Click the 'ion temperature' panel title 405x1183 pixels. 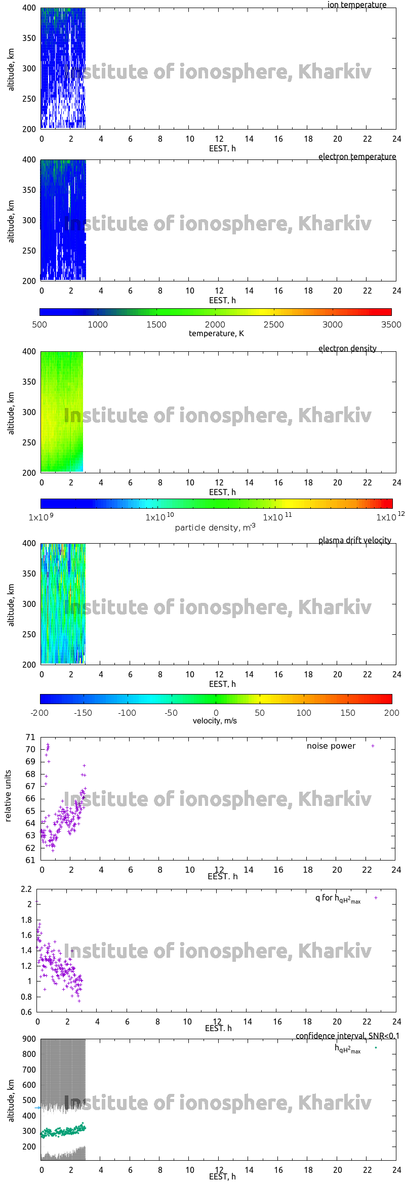pyautogui.click(x=356, y=5)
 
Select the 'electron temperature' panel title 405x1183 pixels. pyautogui.click(x=357, y=156)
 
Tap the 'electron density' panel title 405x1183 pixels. pyautogui.click(x=347, y=348)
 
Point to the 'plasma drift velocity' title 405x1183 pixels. pyautogui.click(x=354, y=540)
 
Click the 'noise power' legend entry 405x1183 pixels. pyautogui.click(x=331, y=746)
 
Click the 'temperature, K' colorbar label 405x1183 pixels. pyautogui.click(x=216, y=333)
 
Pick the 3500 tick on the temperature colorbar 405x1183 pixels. pyautogui.click(x=391, y=324)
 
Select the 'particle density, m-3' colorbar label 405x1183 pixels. pyautogui.click(x=215, y=527)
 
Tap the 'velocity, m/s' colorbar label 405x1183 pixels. pyautogui.click(x=215, y=720)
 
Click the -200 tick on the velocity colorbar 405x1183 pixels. pyautogui.click(x=39, y=713)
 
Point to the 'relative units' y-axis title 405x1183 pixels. pyautogui.click(x=8, y=796)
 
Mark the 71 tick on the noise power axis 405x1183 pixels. pyautogui.click(x=30, y=737)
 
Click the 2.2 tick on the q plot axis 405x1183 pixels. pyautogui.click(x=26, y=889)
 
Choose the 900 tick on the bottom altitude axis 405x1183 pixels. pyautogui.click(x=29, y=1039)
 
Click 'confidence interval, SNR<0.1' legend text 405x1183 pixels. pyautogui.click(x=347, y=1036)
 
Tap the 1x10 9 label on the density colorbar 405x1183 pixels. pyautogui.click(x=41, y=517)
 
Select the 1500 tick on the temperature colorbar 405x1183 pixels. pyautogui.click(x=156, y=324)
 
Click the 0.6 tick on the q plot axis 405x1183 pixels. pyautogui.click(x=26, y=1012)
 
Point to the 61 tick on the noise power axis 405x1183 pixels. pyautogui.click(x=30, y=860)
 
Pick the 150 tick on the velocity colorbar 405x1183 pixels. pyautogui.click(x=348, y=713)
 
